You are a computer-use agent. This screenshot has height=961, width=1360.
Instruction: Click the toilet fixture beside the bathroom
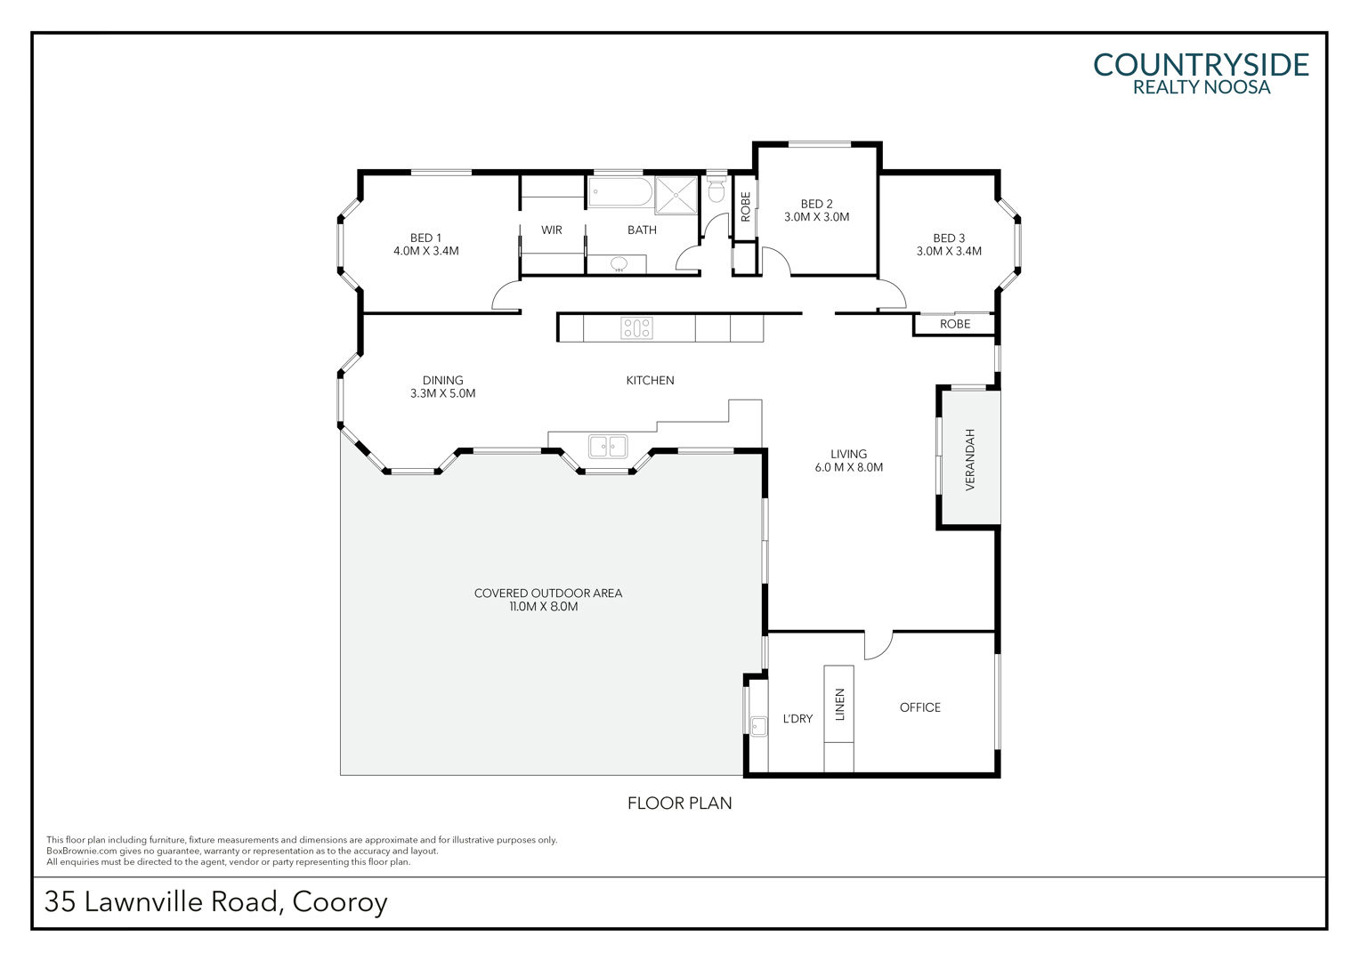click(x=716, y=189)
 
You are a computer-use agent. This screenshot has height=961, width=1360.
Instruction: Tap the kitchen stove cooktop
click(x=637, y=327)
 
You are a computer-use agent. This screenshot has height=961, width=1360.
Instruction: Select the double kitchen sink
click(x=608, y=446)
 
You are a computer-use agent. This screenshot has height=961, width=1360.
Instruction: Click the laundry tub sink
click(x=758, y=726)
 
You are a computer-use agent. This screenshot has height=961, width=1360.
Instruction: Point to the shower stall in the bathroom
click(x=676, y=196)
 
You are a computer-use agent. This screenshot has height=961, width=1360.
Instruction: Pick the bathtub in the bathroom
click(x=619, y=192)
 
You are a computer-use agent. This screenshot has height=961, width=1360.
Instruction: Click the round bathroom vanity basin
click(x=619, y=264)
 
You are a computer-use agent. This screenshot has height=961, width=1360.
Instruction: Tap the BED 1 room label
click(x=425, y=238)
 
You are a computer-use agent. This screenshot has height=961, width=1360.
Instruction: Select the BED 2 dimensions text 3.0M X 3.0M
click(x=816, y=217)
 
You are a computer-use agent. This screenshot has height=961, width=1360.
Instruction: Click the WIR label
click(x=551, y=230)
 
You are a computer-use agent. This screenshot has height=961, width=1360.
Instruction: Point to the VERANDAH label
click(x=969, y=459)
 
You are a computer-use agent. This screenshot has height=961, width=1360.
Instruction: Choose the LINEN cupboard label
click(x=839, y=704)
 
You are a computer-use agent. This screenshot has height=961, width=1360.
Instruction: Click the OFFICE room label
click(x=919, y=707)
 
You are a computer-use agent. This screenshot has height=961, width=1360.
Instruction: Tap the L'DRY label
click(x=797, y=719)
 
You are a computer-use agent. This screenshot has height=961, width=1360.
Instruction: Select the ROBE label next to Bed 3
click(x=955, y=324)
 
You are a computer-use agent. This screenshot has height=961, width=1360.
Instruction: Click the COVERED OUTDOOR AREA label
click(x=548, y=594)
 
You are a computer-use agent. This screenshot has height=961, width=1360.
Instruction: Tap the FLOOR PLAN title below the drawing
click(x=679, y=804)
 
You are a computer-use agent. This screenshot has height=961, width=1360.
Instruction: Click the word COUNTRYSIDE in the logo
click(x=1201, y=66)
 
